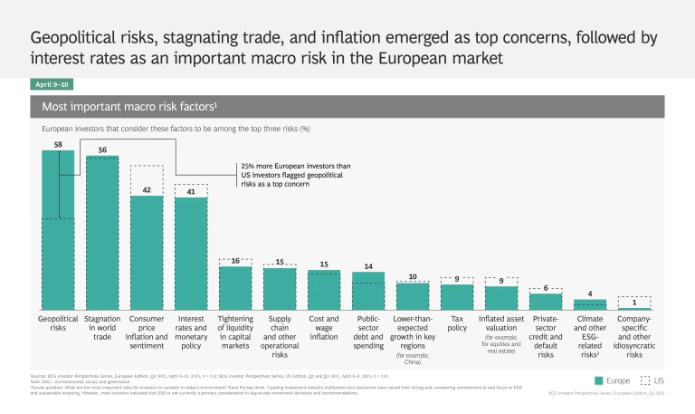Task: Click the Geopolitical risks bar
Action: pyautogui.click(x=58, y=231)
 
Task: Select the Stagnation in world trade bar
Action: pyautogui.click(x=102, y=234)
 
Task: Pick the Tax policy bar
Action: pyautogui.click(x=457, y=297)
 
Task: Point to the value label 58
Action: pyautogui.click(x=58, y=144)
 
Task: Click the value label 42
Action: pyautogui.click(x=147, y=189)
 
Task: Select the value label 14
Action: pyautogui.click(x=368, y=265)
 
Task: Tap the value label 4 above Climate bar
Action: pyautogui.click(x=589, y=293)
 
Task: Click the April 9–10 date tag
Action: pyautogui.click(x=52, y=84)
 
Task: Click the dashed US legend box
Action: pyautogui.click(x=645, y=380)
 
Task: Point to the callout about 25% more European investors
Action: pyautogui.click(x=295, y=175)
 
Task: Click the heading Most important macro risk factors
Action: pyautogui.click(x=128, y=107)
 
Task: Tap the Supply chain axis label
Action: pyautogui.click(x=280, y=336)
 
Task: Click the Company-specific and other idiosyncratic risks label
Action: pyautogui.click(x=633, y=336)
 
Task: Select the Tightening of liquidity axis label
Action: pyautogui.click(x=235, y=331)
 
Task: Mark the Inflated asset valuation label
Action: pyautogui.click(x=500, y=324)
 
